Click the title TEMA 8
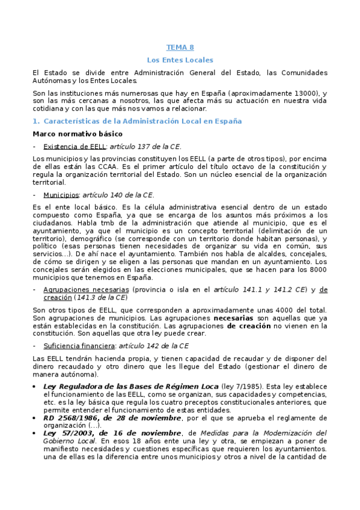pos(180,48)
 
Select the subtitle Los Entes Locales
pos(180,60)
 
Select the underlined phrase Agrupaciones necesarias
pos(87,289)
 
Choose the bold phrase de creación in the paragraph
pos(248,325)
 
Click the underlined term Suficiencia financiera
pos(79,346)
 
